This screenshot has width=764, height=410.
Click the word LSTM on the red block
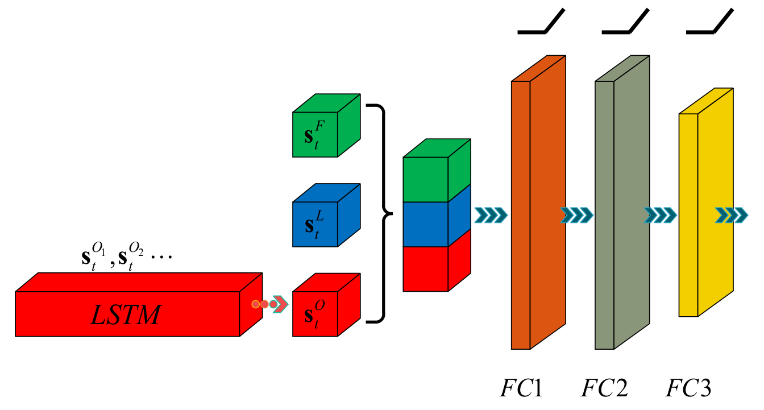[x=126, y=314]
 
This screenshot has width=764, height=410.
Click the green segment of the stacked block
[x=426, y=179]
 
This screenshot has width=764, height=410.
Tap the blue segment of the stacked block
[x=426, y=224]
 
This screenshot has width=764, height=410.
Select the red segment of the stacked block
[x=426, y=268]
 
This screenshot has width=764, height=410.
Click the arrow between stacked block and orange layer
[x=489, y=215]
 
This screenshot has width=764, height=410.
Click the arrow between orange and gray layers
[x=576, y=215]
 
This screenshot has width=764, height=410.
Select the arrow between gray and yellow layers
[x=660, y=215]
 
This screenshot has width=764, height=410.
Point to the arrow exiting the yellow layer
[x=732, y=215]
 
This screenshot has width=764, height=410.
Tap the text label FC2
[x=604, y=388]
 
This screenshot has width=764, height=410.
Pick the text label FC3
[x=688, y=388]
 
